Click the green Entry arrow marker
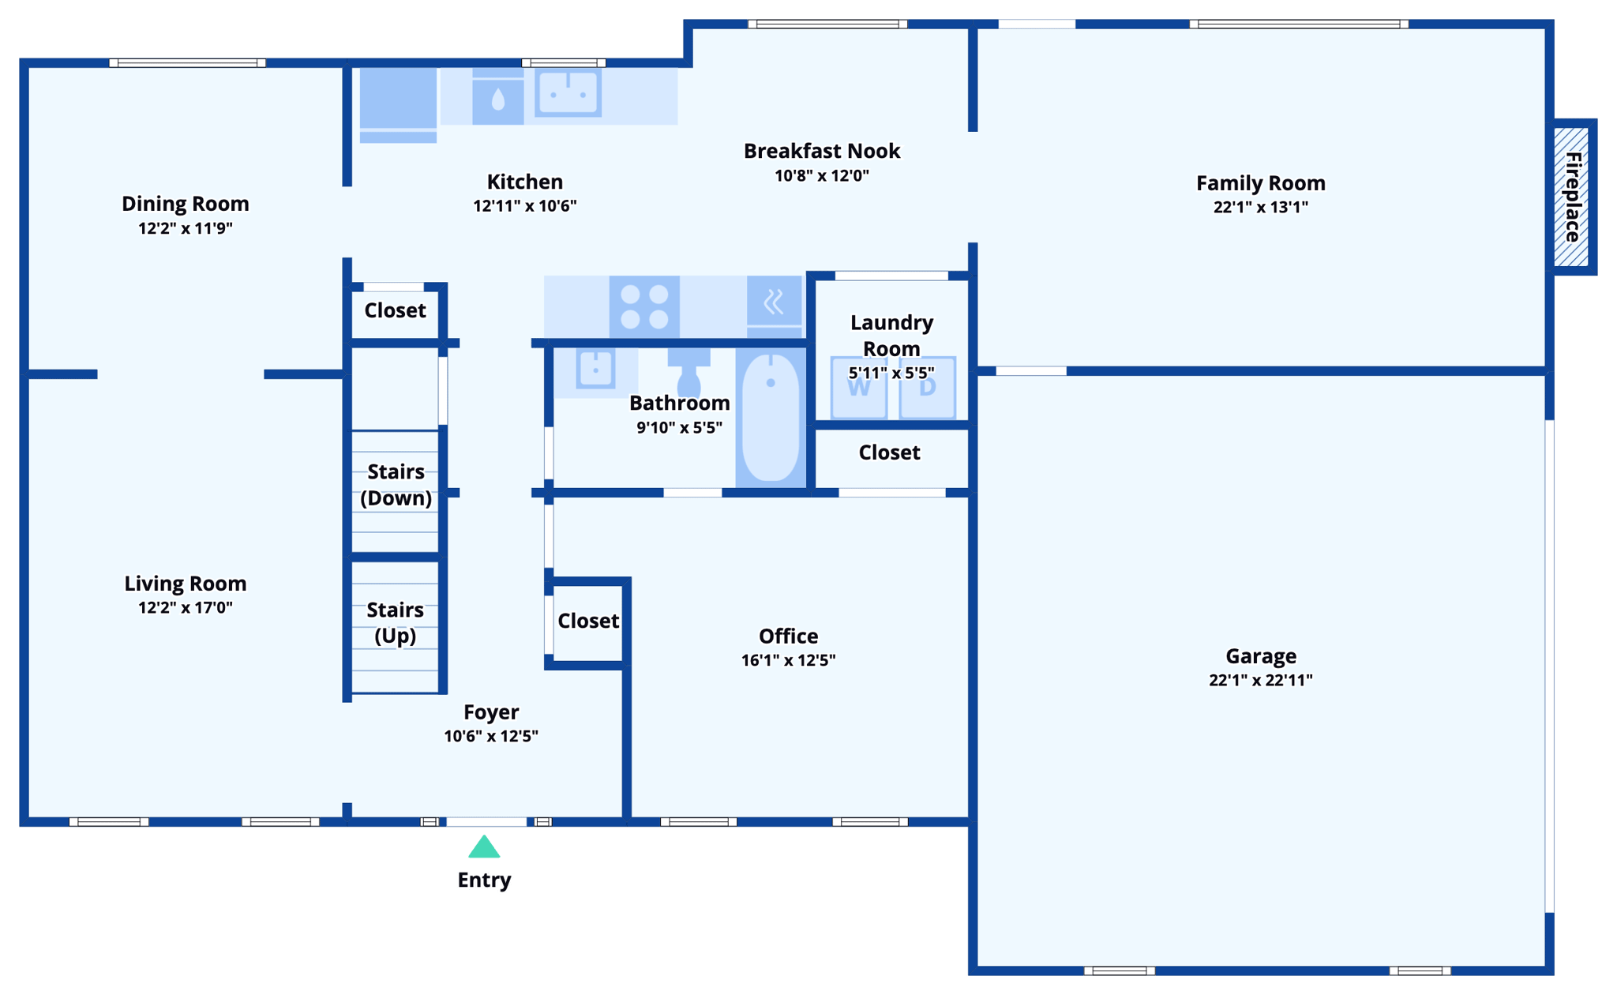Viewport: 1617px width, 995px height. click(x=484, y=848)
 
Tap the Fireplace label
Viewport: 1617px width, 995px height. click(x=1573, y=197)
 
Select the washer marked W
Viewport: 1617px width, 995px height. click(x=859, y=387)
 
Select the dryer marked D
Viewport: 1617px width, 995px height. click(x=928, y=387)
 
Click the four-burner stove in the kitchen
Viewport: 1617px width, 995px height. click(x=644, y=306)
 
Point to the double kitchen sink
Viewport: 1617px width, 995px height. click(x=568, y=93)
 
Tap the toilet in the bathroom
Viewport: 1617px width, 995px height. click(x=688, y=371)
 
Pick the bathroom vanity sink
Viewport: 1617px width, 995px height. click(x=595, y=369)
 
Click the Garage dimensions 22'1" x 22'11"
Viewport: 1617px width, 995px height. click(x=1260, y=680)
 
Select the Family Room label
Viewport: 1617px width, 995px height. click(x=1260, y=183)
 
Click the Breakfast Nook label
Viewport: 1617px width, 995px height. click(x=821, y=151)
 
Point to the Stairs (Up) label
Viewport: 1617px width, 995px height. click(x=395, y=622)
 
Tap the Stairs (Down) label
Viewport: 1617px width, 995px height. click(x=396, y=484)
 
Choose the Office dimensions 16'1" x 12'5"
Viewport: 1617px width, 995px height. click(x=788, y=660)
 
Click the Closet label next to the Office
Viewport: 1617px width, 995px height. click(x=588, y=621)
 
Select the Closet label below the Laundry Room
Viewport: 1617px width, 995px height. click(x=889, y=452)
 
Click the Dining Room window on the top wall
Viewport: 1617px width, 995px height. click(x=187, y=62)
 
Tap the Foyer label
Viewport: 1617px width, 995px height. click(x=491, y=712)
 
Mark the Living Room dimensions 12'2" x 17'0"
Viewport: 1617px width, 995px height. click(x=185, y=607)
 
